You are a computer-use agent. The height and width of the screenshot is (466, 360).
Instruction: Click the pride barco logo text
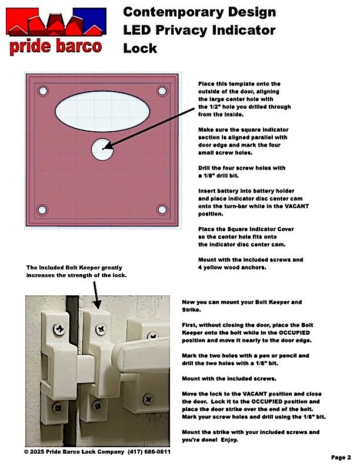pos(55,46)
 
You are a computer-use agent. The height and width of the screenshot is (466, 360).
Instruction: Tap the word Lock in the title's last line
pos(140,48)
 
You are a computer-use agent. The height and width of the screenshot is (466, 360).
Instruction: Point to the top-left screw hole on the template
pos(42,91)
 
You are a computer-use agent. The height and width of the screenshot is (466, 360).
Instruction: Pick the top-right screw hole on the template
pos(162,91)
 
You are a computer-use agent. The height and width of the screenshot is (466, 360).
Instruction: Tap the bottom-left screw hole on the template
pos(42,209)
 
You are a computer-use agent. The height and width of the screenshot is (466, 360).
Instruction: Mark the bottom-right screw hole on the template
pos(162,209)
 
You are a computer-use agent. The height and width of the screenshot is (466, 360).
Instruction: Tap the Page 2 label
pos(341,457)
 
